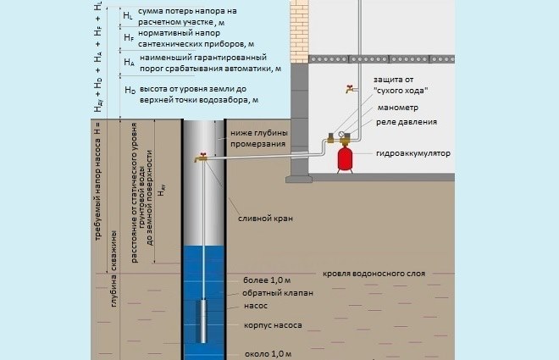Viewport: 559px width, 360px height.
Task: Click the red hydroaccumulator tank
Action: coord(346,158)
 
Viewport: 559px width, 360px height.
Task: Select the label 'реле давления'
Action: coord(407,122)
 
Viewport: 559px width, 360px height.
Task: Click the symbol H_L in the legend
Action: coord(128,16)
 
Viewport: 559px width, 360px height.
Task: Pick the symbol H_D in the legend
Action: coord(129,89)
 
